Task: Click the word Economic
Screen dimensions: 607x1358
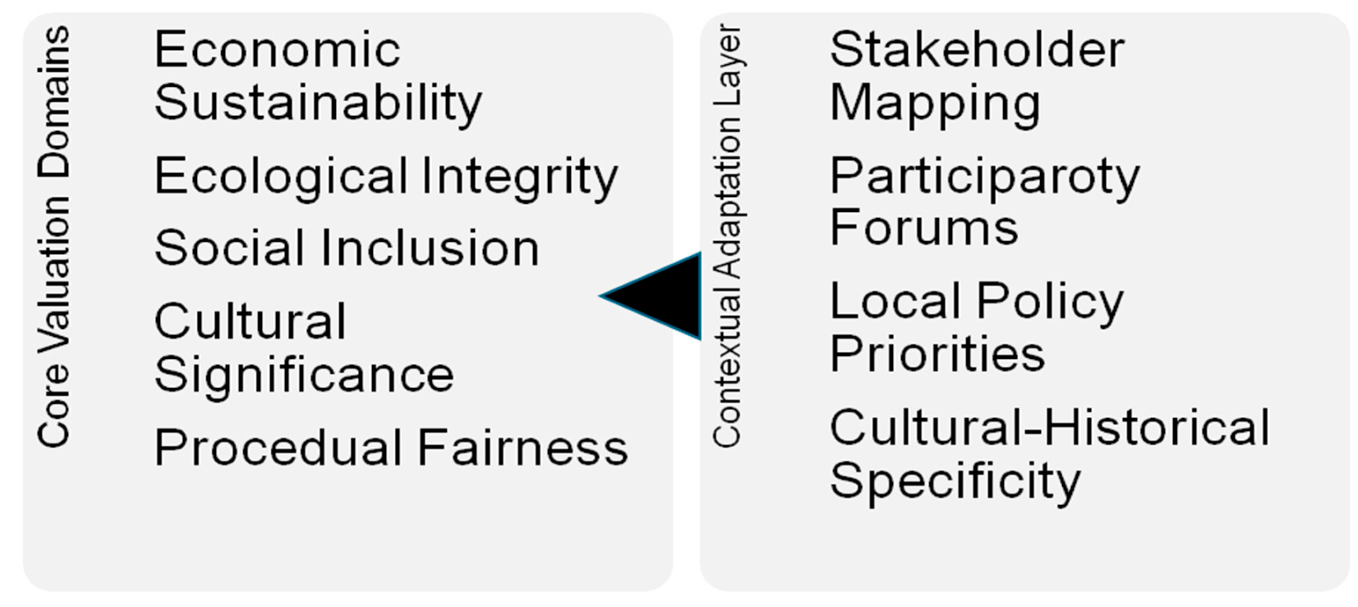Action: point(278,50)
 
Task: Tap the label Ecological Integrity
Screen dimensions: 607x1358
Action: point(386,176)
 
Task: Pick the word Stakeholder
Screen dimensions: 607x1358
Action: point(977,50)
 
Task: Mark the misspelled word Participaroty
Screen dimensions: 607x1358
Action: point(984,176)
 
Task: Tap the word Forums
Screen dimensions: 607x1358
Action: point(924,228)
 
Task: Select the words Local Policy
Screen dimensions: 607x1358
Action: point(977,302)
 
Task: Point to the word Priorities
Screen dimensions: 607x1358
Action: point(937,354)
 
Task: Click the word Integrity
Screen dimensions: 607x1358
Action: point(520,176)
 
